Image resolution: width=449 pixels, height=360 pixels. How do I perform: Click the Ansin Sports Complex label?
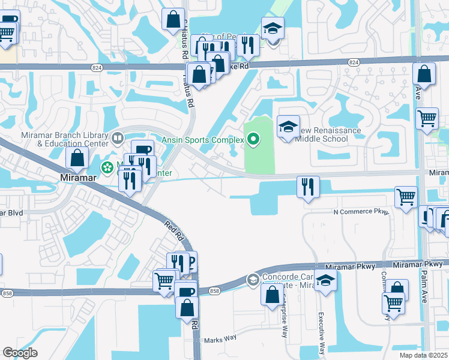[x=202, y=140]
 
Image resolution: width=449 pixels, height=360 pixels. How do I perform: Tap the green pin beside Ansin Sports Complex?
[x=253, y=140]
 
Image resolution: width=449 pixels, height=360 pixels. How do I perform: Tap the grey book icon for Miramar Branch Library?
[x=118, y=139]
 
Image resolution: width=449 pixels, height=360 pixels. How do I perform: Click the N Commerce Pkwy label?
[x=361, y=212]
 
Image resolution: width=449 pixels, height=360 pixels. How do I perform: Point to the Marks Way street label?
[x=219, y=339]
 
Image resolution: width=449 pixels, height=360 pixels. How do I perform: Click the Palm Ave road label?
[x=418, y=92]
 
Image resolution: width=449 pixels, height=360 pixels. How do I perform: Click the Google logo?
[x=20, y=353]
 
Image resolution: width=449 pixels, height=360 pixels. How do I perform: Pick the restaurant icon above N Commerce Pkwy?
[x=308, y=186]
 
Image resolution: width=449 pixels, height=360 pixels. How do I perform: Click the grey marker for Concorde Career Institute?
[x=253, y=279]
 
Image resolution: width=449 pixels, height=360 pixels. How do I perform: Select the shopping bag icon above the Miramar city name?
[x=77, y=158]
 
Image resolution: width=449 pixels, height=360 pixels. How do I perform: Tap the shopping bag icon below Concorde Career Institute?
[x=273, y=294]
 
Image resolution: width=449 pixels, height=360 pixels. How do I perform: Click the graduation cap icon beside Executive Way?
[x=325, y=280]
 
